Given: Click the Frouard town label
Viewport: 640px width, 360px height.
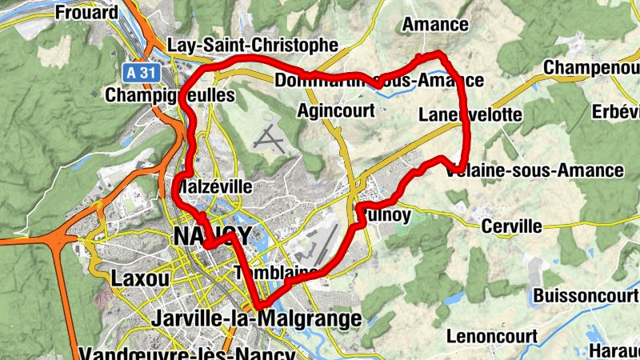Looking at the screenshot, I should tap(87, 13).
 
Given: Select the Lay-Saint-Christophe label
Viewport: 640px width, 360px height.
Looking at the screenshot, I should tap(253, 45).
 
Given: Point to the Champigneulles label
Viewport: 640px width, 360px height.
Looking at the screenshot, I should tap(170, 95).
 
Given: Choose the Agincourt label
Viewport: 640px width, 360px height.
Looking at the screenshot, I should tap(336, 110).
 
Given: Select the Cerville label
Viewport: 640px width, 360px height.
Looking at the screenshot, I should tap(511, 227).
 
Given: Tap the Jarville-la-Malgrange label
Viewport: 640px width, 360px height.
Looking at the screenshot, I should tap(256, 319).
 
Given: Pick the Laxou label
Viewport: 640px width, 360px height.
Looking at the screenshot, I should tap(141, 279).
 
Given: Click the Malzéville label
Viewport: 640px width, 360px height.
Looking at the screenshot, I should tap(214, 186).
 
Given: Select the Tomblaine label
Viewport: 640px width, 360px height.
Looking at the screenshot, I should tap(276, 273).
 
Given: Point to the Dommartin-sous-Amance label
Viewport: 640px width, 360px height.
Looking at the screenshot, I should tap(378, 81).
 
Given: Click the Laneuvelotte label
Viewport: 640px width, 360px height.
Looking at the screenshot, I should tap(470, 116).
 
